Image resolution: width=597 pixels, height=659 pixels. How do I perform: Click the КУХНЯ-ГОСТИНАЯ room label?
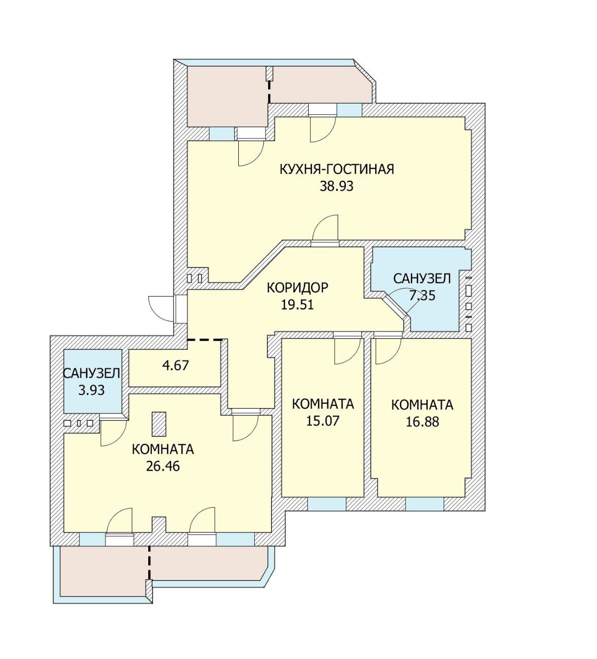[337, 169]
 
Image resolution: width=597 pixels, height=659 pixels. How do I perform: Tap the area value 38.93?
[337, 186]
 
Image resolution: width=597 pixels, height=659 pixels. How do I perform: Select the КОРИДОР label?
[297, 288]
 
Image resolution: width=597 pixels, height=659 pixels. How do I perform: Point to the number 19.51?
[297, 305]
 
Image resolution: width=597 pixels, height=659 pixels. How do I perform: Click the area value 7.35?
[422, 296]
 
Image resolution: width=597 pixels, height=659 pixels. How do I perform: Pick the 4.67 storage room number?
[175, 366]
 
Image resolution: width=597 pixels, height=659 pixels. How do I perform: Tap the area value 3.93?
[92, 390]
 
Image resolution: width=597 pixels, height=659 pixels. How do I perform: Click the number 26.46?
[163, 466]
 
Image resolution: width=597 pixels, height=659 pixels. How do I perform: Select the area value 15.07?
[323, 421]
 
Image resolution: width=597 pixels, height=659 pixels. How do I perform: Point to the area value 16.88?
[423, 422]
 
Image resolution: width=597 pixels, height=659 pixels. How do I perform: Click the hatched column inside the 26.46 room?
[159, 424]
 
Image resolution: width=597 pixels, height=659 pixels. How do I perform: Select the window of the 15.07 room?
[327, 504]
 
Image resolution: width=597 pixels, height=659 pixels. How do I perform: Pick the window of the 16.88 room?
[425, 504]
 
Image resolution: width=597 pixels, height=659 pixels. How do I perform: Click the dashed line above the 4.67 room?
[205, 339]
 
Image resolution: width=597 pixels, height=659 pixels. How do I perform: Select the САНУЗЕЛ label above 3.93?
[92, 374]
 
